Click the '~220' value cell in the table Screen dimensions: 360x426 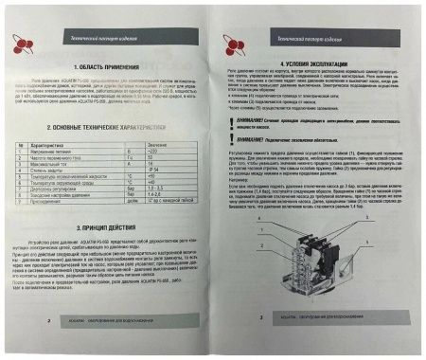click(x=171, y=150)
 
